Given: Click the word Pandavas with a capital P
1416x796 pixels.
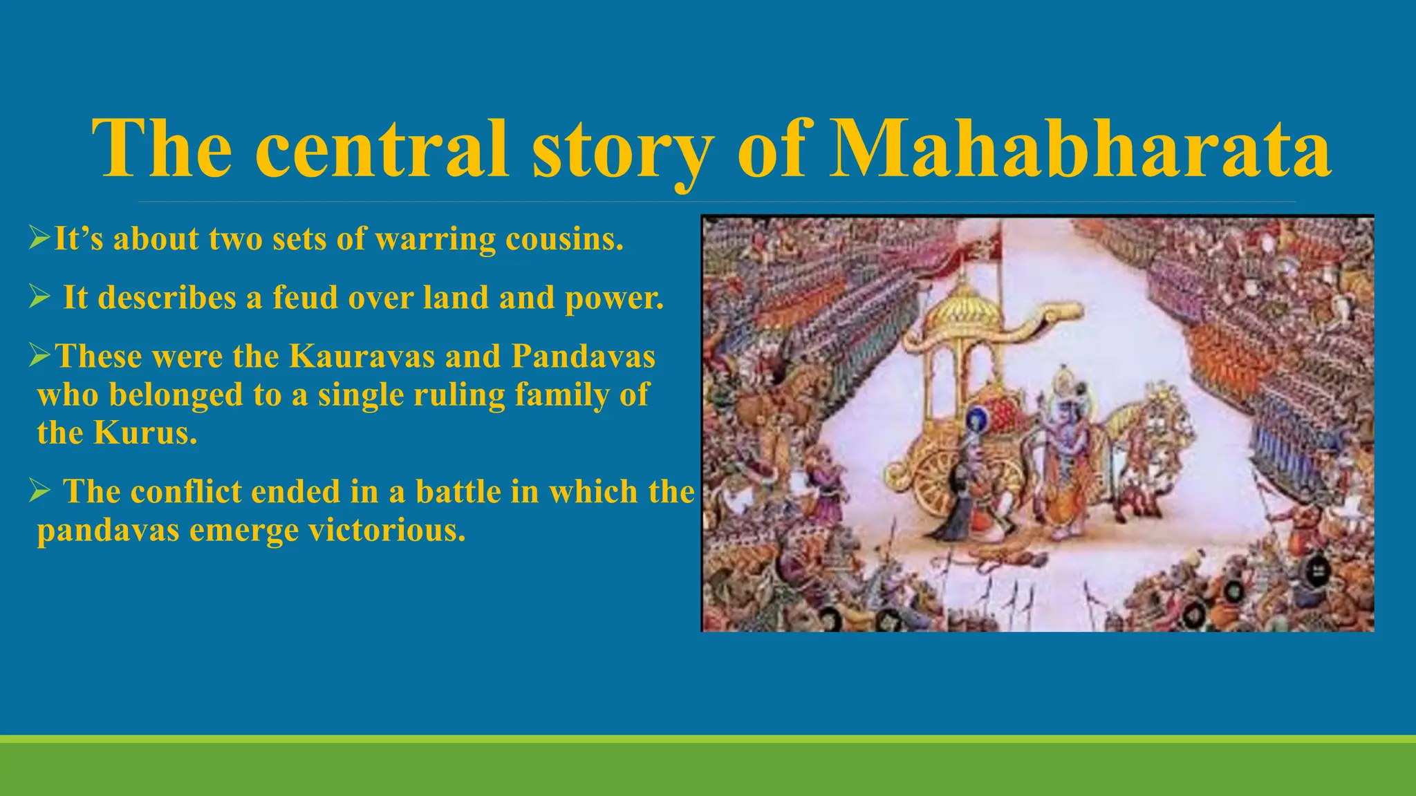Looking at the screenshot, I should pyautogui.click(x=583, y=357).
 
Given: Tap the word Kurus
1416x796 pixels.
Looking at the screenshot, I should pyautogui.click(x=145, y=433).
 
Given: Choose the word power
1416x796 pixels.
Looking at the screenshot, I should pyautogui.click(x=614, y=298).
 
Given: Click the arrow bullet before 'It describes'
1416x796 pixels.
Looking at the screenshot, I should pyautogui.click(x=39, y=298).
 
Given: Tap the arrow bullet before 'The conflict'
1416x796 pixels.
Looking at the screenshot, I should pyautogui.click(x=39, y=492).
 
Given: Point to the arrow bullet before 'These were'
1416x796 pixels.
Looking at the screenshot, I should pyautogui.click(x=39, y=357).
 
